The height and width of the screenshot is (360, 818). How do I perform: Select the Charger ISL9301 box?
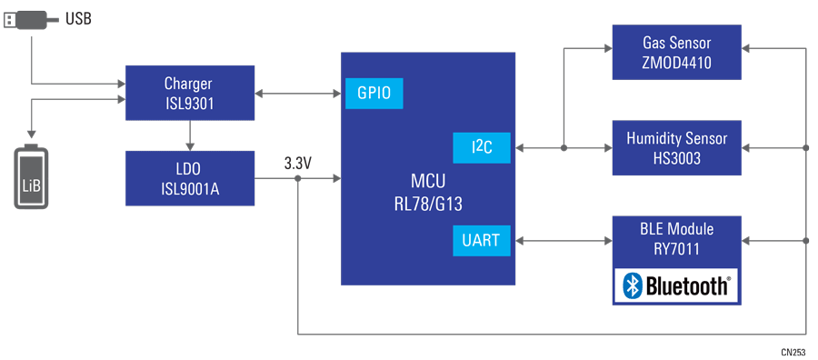[189, 93]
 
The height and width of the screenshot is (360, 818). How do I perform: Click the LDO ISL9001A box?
[189, 178]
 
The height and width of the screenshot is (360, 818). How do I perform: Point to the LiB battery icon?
[32, 177]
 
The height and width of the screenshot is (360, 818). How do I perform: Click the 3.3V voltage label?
[298, 164]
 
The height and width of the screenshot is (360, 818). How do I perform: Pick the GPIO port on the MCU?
[374, 94]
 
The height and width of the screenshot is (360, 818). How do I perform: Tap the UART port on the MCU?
[482, 240]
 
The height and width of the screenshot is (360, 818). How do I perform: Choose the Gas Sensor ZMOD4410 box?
[676, 52]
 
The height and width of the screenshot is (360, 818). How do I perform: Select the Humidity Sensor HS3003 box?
[676, 147]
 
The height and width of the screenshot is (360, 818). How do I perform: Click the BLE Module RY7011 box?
[676, 239]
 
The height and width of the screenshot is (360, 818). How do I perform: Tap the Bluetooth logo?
[677, 285]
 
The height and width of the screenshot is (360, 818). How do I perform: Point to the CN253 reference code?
[792, 351]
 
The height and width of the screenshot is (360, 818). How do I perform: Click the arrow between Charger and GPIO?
[298, 93]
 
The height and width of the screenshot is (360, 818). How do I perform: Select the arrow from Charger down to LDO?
[189, 135]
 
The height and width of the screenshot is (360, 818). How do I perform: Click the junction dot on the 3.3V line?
[298, 178]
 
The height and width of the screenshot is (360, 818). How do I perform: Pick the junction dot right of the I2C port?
[564, 147]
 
